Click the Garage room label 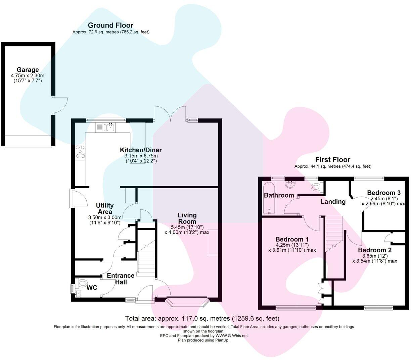(x=28, y=70)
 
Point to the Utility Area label (x=105, y=208)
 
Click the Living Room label (x=187, y=218)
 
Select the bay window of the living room (x=187, y=302)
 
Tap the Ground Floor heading (x=110, y=25)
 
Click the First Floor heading (x=332, y=160)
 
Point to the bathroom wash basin (x=289, y=184)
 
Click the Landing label (x=333, y=202)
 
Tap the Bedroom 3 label (x=383, y=193)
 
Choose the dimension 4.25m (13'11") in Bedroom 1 (x=292, y=245)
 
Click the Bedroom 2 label (x=374, y=250)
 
